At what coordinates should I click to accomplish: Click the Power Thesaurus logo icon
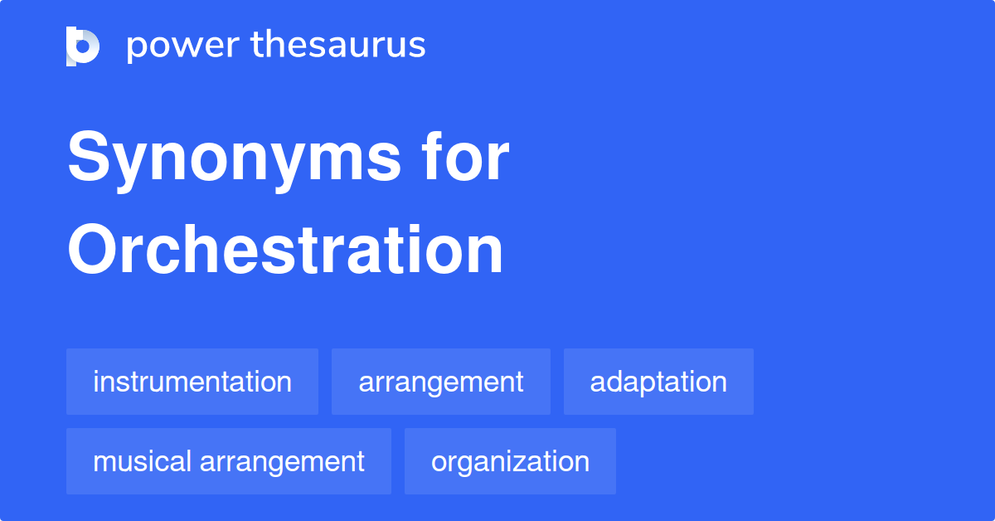pos(83,46)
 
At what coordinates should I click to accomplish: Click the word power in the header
pos(183,46)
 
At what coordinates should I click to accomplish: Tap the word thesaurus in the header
pos(338,44)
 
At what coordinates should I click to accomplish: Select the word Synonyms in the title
pos(234,160)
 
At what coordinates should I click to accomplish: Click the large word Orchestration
pos(285,249)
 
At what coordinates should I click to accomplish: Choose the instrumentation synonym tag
pos(192,382)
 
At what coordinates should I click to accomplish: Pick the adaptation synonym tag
pos(658,382)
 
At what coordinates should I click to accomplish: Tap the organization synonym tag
pos(511,461)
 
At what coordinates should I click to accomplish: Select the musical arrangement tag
pos(229,461)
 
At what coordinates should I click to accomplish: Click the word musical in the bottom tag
pos(142,461)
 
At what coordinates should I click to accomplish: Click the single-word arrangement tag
pos(441,382)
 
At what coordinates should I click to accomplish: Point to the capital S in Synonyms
pos(89,156)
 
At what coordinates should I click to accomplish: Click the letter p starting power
pos(138,49)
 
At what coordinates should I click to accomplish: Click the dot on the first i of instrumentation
pos(96,372)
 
